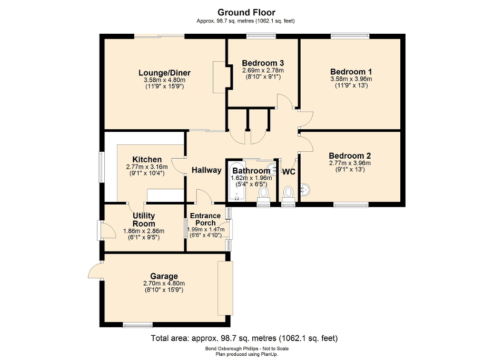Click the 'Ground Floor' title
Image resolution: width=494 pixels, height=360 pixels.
[246, 12]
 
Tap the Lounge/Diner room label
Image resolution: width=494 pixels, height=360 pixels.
[164, 73]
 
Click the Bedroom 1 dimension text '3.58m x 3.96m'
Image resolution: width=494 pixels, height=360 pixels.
[351, 79]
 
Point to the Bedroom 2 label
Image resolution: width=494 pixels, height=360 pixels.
[350, 155]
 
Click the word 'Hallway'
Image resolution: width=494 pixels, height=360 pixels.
[206, 170]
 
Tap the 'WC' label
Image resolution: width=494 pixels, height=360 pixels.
[289, 172]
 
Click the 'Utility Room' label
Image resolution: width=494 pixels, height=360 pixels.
[143, 219]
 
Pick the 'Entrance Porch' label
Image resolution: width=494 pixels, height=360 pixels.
[205, 219]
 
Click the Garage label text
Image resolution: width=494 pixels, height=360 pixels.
[164, 276]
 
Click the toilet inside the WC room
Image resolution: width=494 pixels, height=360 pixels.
[288, 194]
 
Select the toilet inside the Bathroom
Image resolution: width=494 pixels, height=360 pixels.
[263, 194]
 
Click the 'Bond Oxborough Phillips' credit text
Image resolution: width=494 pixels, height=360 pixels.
[246, 348]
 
